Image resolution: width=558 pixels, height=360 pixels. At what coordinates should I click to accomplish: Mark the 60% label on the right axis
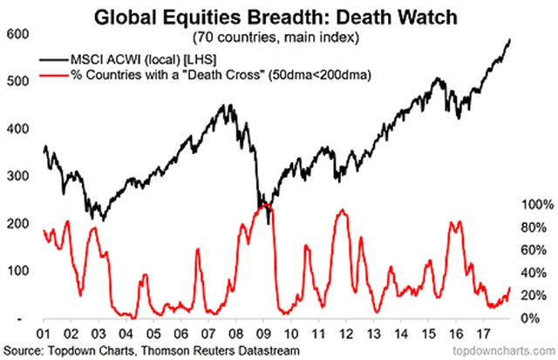coord(534,250)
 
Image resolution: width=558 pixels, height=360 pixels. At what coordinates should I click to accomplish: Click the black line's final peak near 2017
coord(509,40)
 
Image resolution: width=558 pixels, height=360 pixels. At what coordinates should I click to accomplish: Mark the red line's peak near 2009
coord(266,206)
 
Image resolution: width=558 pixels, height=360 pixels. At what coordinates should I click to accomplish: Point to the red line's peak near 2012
coord(344,210)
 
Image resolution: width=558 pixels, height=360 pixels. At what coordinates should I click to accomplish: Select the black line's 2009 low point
coord(268,223)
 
